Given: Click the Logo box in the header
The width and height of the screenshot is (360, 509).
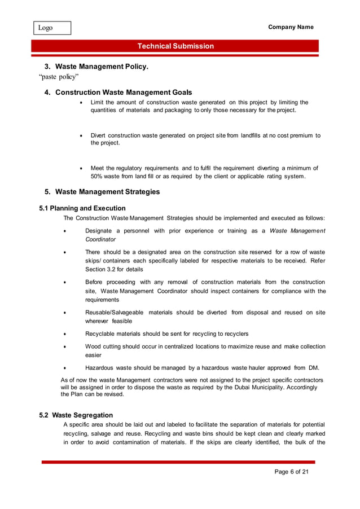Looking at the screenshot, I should coord(51,28).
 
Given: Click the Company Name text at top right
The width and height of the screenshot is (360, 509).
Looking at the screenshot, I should coord(291,27).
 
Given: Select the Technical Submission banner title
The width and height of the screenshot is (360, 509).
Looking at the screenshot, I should coord(175,46).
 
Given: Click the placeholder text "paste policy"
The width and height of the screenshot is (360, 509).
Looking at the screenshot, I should coord(59,77).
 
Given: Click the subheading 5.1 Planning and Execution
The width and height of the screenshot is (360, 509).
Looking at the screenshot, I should coord(82,208).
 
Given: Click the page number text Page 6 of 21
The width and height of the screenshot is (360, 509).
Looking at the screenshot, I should coord(292,472).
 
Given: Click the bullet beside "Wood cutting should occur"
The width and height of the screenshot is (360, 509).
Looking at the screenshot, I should coord(65,346).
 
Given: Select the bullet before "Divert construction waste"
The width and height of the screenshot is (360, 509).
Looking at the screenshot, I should coord(83,136).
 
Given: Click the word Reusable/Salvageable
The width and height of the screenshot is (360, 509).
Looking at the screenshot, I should coord(114,313).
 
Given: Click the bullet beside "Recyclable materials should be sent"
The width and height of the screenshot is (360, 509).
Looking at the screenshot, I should coord(65,334).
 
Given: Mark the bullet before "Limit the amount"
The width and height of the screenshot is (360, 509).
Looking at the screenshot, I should coord(83,103).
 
